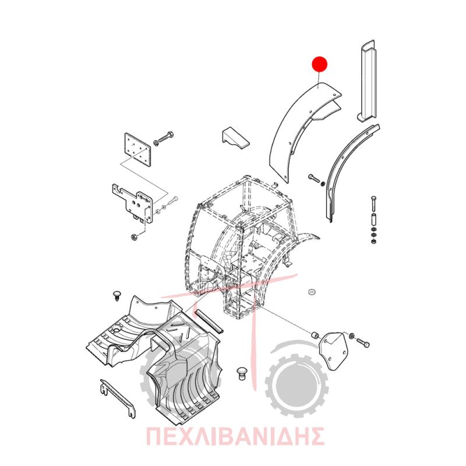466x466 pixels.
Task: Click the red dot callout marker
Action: (319, 64)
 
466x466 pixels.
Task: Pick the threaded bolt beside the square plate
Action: (164, 138)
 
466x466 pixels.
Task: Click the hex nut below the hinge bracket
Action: (134, 237)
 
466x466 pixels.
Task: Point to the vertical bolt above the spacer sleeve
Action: (373, 203)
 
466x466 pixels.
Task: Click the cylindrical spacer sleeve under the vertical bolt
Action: (373, 220)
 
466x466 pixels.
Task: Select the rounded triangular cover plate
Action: (333, 351)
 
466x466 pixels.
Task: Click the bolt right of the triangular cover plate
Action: (362, 343)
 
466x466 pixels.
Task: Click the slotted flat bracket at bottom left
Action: (118, 398)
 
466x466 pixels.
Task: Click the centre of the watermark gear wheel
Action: (296, 386)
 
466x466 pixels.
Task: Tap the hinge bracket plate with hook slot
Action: (133, 203)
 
